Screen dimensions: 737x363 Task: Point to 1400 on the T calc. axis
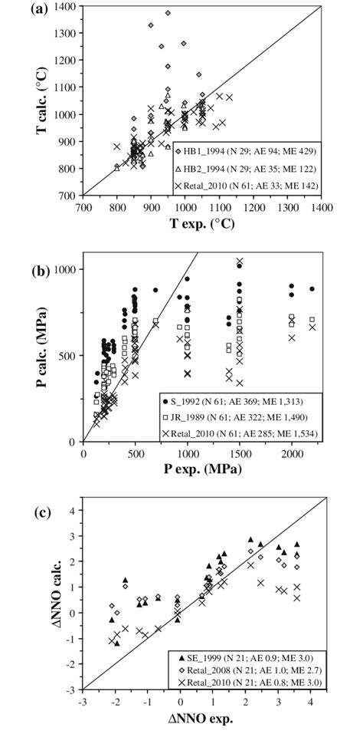[x=65, y=7]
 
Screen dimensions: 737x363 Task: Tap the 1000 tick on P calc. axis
[x=64, y=269]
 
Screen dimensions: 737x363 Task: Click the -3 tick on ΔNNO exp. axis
[x=81, y=700]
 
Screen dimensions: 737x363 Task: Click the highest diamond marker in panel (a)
[x=168, y=13]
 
